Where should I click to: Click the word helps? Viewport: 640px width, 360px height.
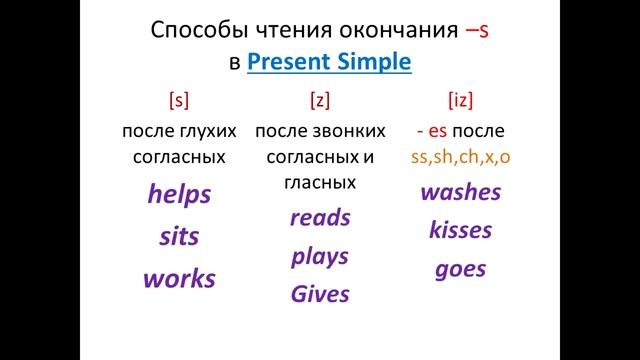pos(179,194)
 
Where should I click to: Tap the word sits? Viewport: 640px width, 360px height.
pos(179,237)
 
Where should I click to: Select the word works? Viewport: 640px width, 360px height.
pos(179,279)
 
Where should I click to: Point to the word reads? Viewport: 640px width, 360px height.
pos(320,217)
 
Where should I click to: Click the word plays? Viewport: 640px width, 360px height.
pos(320,256)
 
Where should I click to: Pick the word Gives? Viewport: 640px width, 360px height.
pos(320,294)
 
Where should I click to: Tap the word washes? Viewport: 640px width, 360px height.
pos(461,192)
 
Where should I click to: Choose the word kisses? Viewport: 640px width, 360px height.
pos(461,230)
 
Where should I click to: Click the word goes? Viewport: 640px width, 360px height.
pos(461,268)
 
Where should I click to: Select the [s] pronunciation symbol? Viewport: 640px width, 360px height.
pos(180,100)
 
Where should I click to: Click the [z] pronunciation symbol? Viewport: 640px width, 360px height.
pos(320,100)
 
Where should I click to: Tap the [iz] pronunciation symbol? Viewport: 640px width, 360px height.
pos(461,100)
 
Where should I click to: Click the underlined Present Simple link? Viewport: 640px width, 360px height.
pos(329,61)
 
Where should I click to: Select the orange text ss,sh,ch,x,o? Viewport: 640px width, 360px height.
pos(461,156)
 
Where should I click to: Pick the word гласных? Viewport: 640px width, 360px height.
pos(320,182)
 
